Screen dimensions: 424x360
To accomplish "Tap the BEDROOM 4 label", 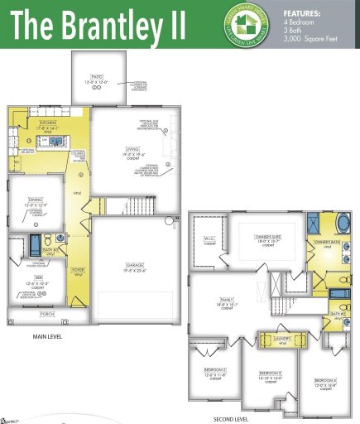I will click(x=324, y=380).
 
